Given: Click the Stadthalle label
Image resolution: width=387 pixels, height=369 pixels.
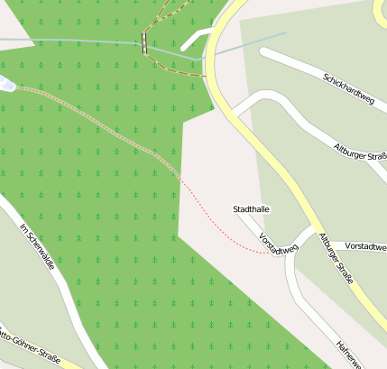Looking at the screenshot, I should click(252, 209).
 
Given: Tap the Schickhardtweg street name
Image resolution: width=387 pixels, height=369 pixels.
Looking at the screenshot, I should click(348, 88).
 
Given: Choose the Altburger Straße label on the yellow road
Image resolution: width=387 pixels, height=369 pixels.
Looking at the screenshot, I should click(335, 258).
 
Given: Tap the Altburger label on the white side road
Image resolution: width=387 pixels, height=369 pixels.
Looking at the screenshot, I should click(360, 151).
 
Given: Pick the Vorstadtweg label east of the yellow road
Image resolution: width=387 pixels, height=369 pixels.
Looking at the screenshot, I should click(365, 246).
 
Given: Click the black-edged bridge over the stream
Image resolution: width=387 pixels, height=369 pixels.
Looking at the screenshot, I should click(143, 43).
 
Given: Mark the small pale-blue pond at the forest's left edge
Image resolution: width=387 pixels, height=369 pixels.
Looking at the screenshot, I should click(6, 84).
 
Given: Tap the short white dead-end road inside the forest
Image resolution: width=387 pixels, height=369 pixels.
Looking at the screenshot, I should click(194, 40).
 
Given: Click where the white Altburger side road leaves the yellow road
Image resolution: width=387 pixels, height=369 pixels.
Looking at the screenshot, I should click(232, 113).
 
